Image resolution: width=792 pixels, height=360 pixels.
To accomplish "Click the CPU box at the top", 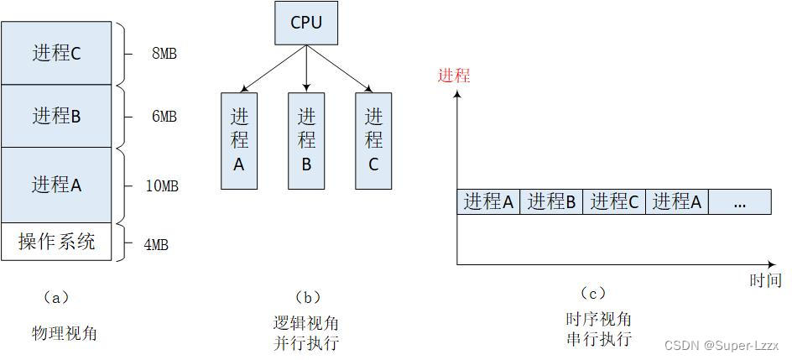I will [306, 23].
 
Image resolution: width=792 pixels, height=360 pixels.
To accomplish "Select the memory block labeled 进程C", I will [56, 53].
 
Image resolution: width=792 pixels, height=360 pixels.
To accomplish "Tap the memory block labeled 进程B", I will [56, 116].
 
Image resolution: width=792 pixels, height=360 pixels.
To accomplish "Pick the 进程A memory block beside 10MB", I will [56, 185].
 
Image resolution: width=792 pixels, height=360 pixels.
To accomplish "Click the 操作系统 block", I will [56, 243].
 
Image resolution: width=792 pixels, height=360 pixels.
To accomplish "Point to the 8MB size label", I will [164, 54].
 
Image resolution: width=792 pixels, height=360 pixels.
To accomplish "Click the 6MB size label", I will [164, 117].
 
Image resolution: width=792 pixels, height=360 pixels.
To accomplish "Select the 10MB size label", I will [162, 185].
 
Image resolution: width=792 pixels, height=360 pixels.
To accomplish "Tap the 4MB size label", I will [156, 245].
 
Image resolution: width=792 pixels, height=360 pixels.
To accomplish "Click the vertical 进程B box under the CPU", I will [306, 140].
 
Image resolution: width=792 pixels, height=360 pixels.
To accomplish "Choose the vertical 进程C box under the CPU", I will [373, 140].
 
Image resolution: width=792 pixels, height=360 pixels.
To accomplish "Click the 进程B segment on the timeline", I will [551, 201].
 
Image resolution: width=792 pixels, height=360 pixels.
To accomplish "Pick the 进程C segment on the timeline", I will [614, 201].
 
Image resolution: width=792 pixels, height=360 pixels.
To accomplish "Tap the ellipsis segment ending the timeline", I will [739, 202].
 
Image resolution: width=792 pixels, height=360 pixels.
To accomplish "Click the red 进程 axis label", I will [454, 76].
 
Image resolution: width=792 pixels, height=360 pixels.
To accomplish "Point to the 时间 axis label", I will [765, 280].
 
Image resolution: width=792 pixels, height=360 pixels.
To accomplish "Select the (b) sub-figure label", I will [307, 297].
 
